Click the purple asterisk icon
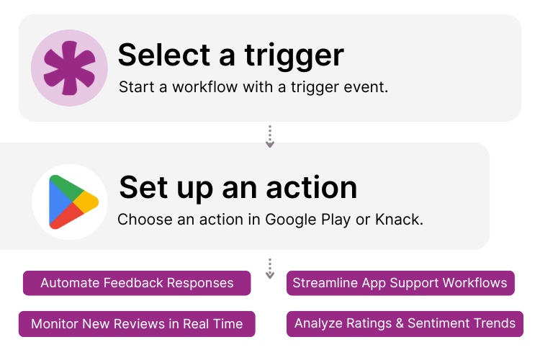point(69,68)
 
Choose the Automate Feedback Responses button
point(137,283)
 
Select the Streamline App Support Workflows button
point(400,283)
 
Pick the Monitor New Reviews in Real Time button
point(137,324)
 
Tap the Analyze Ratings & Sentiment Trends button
point(405,323)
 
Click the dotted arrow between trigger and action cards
point(270,137)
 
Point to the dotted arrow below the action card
point(270,269)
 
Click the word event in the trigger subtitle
point(368,87)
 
